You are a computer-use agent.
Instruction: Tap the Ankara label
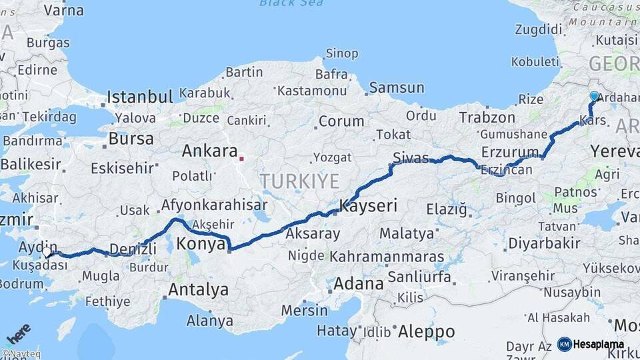(210, 151)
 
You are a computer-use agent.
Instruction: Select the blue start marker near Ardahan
(594, 97)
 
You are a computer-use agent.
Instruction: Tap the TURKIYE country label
(299, 181)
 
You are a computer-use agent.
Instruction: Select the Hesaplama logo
(590, 344)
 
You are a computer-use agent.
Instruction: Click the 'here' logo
(18, 332)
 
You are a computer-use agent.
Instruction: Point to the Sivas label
(410, 158)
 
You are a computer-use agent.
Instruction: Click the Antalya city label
(198, 290)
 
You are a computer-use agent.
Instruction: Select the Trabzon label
(487, 118)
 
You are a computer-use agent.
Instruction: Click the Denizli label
(132, 249)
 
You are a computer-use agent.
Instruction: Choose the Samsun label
(397, 87)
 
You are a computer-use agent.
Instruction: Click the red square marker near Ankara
(241, 159)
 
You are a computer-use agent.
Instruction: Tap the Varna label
(63, 11)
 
